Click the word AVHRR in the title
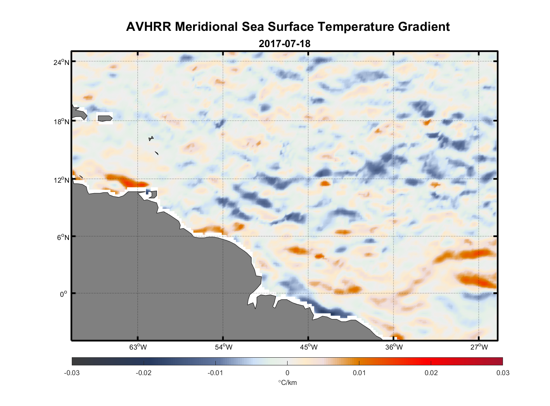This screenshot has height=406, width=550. click(x=148, y=27)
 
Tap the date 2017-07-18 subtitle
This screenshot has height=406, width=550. click(x=284, y=43)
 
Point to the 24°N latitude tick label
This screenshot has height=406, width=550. click(x=62, y=62)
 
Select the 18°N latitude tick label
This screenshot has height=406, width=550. click(x=62, y=121)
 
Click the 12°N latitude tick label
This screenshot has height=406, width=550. click(x=62, y=180)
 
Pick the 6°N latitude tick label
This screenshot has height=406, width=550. click(x=63, y=237)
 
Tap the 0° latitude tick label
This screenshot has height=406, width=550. click(x=63, y=294)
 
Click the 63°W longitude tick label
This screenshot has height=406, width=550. click(x=138, y=347)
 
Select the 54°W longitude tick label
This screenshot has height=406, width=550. click(x=223, y=347)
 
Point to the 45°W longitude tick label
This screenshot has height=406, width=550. click(x=309, y=347)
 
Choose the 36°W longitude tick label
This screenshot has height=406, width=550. click(x=394, y=347)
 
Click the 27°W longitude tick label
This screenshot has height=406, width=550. click(x=479, y=347)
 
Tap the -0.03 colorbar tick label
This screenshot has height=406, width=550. click(x=72, y=373)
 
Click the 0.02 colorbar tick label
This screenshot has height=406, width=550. click(x=431, y=373)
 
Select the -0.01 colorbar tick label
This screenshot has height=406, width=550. click(x=215, y=373)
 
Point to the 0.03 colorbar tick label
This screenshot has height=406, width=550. click(x=503, y=373)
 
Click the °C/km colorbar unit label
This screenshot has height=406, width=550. click(x=287, y=382)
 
